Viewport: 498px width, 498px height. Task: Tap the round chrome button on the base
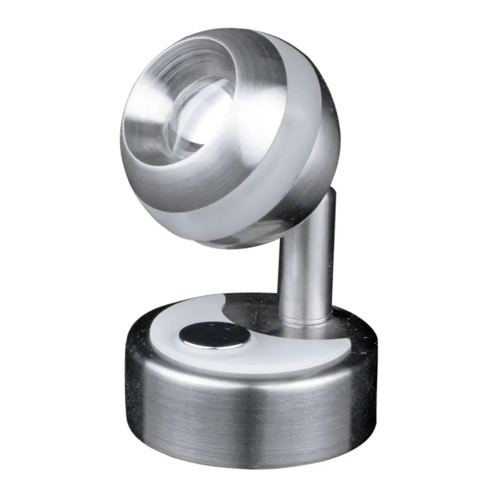(215, 334)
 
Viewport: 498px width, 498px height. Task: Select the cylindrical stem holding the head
(304, 259)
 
